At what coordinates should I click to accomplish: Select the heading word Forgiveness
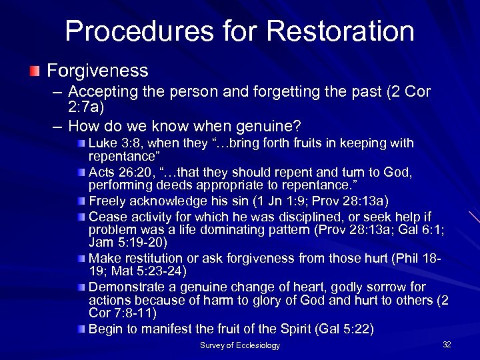pyautogui.click(x=97, y=71)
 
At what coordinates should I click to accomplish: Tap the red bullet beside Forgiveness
pyautogui.click(x=35, y=71)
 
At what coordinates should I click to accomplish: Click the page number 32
pyautogui.click(x=447, y=344)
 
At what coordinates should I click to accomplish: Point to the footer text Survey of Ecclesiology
pyautogui.click(x=240, y=345)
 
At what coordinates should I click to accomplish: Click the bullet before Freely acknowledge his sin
pyautogui.click(x=81, y=201)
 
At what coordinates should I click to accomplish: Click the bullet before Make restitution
pyautogui.click(x=81, y=259)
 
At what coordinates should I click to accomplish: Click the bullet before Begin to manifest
pyautogui.click(x=81, y=329)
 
